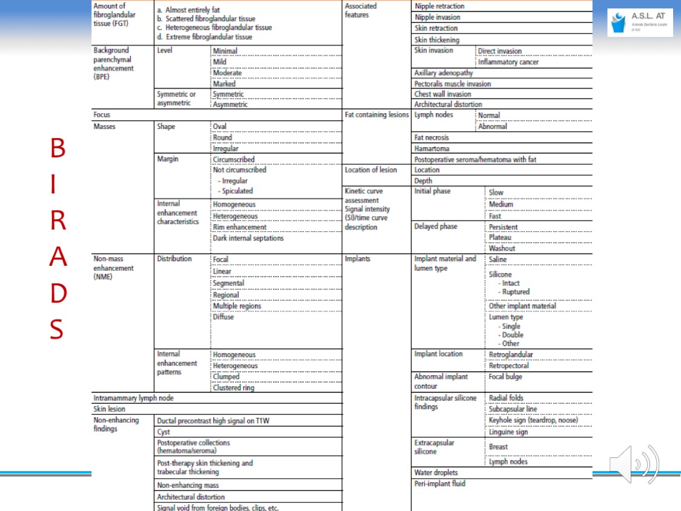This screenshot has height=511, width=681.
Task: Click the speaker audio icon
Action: pyautogui.click(x=634, y=464)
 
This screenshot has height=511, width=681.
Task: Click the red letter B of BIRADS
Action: pyautogui.click(x=58, y=149)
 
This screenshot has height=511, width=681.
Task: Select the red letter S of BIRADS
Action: pyautogui.click(x=57, y=329)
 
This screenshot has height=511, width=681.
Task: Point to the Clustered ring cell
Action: pyautogui.click(x=234, y=388)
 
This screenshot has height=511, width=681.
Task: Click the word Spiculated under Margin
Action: pyautogui.click(x=237, y=191)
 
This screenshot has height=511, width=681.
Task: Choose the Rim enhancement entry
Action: pyautogui.click(x=240, y=227)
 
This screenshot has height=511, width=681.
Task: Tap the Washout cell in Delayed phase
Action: pyautogui.click(x=502, y=248)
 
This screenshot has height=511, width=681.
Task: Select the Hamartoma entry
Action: pyautogui.click(x=432, y=148)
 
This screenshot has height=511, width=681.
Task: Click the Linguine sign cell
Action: pyautogui.click(x=508, y=432)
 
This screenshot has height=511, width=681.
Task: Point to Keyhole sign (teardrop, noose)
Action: pyautogui.click(x=533, y=420)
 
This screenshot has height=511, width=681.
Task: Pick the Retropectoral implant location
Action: pyautogui.click(x=509, y=366)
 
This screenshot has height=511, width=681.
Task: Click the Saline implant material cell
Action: pyautogui.click(x=498, y=259)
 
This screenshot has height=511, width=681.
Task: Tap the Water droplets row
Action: pyautogui.click(x=436, y=472)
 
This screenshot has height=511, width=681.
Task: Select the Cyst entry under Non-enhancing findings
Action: pyautogui.click(x=163, y=432)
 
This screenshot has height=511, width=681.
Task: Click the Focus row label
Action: pyautogui.click(x=102, y=114)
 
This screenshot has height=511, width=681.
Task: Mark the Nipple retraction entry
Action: pyautogui.click(x=439, y=6)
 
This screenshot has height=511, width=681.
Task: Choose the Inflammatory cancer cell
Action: pyautogui.click(x=508, y=62)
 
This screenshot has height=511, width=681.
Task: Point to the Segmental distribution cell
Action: pyautogui.click(x=229, y=283)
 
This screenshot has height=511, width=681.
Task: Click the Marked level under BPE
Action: pyautogui.click(x=225, y=84)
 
